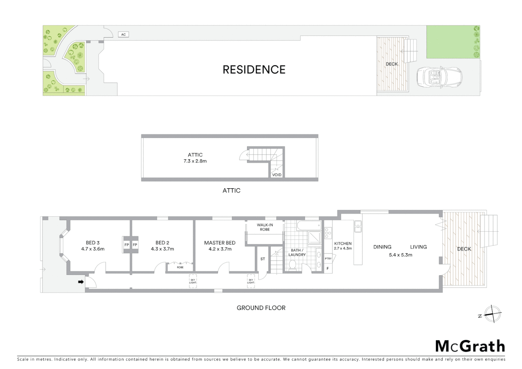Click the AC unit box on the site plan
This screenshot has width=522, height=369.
tap(123, 35)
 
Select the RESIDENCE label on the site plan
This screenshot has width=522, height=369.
tap(254, 70)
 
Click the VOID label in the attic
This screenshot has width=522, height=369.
tap(277, 175)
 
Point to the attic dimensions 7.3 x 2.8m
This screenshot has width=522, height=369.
tap(195, 161)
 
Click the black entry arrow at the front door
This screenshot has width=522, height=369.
tap(81, 282)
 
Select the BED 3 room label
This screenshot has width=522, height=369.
tap(93, 243)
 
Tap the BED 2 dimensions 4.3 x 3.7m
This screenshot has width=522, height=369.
tap(162, 249)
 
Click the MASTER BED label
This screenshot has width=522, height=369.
tap(220, 243)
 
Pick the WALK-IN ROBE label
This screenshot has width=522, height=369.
tap(265, 227)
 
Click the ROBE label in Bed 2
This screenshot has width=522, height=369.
tap(180, 267)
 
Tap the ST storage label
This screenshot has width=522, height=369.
tap(263, 259)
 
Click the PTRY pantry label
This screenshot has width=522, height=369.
tap(328, 259)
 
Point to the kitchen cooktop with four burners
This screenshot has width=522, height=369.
tap(328, 233)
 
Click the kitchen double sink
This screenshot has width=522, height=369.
tap(358, 227)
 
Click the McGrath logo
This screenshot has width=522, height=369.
tap(470, 346)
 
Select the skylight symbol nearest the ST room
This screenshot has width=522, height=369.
tap(251, 281)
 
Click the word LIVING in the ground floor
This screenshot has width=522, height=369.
tap(418, 247)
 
